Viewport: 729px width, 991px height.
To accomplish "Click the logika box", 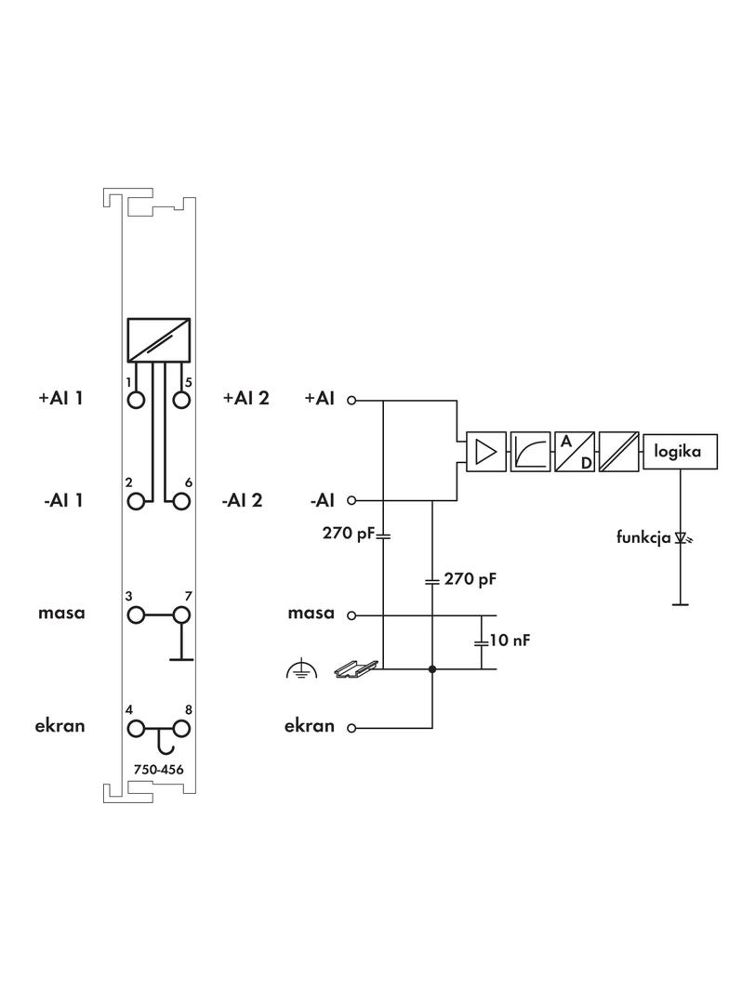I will pos(680,452).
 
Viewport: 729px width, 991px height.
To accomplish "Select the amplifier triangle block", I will pos(484,452).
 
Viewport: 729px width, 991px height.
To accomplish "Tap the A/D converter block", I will pos(575,452).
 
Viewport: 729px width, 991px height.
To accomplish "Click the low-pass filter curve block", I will pos(529,452).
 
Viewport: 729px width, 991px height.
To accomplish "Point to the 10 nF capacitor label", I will pos(510,641).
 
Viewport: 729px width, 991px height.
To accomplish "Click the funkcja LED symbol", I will pos(681,537).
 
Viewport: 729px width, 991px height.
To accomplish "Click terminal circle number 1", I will pos(137,400).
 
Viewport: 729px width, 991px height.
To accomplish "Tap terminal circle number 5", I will pos(180,400).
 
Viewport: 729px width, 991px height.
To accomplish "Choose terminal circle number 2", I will pos(137,501).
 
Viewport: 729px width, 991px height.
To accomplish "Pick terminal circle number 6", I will pos(180,501).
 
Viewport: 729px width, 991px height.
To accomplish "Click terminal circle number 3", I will pos(137,614).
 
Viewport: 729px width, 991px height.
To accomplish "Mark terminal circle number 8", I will pos(180,728).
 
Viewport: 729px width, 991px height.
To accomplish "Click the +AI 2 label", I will pos(246,399).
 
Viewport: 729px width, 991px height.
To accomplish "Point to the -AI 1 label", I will pos(63,501).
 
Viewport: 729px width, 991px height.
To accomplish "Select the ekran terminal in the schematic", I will pos(351,728).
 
